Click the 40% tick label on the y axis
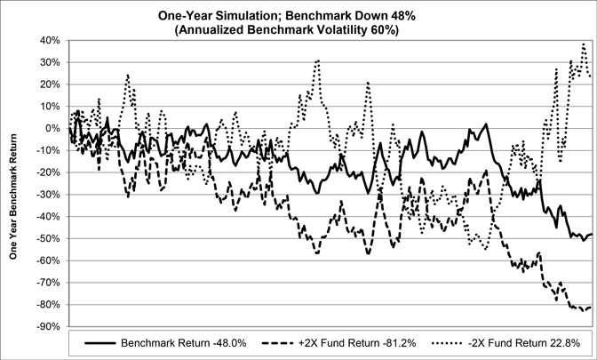click(x=51, y=40)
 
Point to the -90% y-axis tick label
click(x=49, y=327)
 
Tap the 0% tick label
click(x=53, y=128)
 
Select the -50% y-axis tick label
click(x=49, y=238)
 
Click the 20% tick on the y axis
click(x=51, y=84)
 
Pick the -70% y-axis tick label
click(x=49, y=283)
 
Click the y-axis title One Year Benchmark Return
click(x=13, y=196)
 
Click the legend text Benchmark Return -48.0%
click(x=184, y=343)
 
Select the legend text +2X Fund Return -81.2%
click(x=357, y=343)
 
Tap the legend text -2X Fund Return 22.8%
click(x=523, y=343)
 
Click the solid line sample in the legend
click(x=99, y=343)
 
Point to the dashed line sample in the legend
click(x=278, y=343)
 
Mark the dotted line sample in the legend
click(x=447, y=343)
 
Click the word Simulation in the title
click(x=249, y=16)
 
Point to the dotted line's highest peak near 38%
click(x=584, y=44)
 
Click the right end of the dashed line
click(x=592, y=307)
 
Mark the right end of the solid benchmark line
click(x=592, y=234)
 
